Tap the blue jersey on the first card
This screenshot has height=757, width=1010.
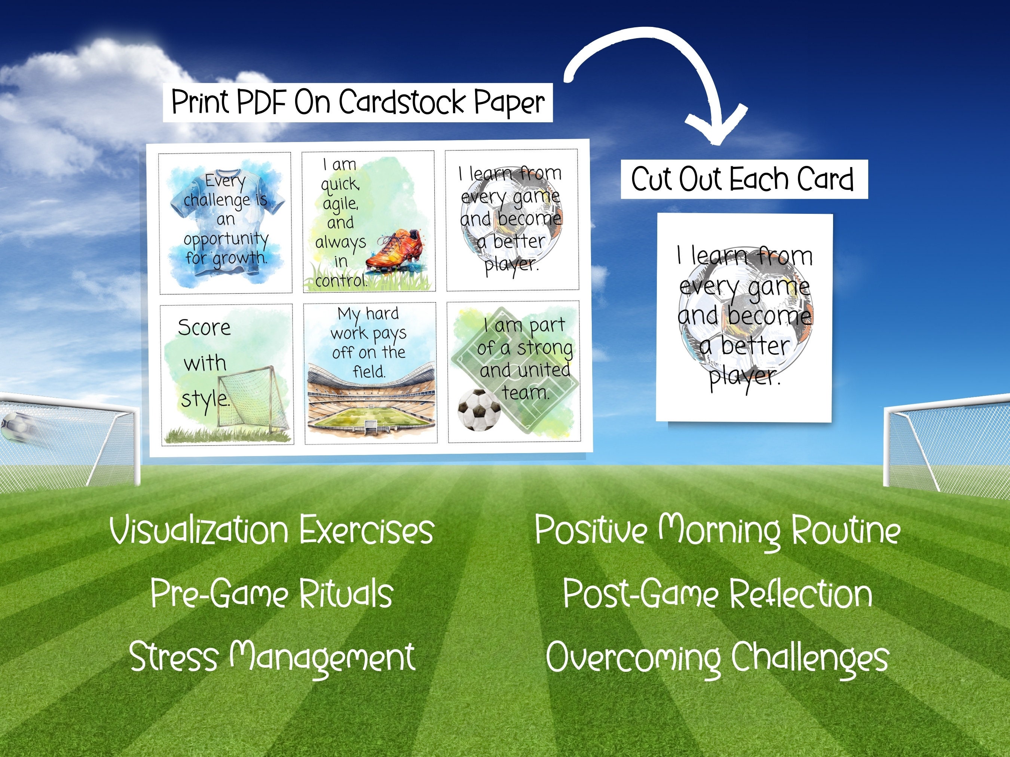226,224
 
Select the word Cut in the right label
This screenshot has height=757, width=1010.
652,179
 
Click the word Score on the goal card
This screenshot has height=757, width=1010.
204,327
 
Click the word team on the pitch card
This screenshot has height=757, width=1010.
525,393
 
